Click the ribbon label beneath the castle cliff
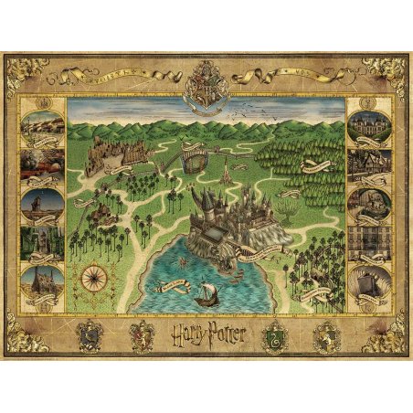coord(266,257)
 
